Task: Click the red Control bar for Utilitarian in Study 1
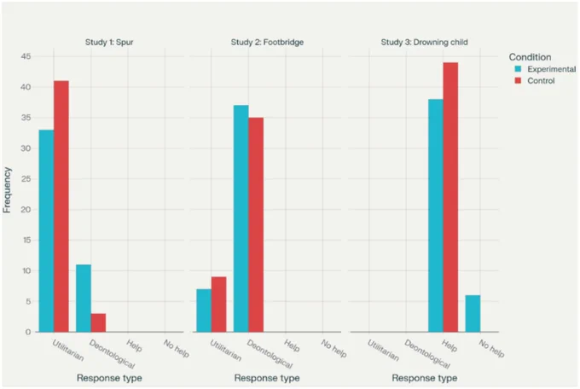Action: click(x=61, y=206)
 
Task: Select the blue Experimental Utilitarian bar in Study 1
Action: click(x=47, y=231)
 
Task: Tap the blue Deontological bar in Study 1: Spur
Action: click(x=84, y=299)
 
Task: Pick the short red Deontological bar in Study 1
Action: click(x=98, y=322)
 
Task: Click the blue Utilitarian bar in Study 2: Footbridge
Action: click(x=204, y=311)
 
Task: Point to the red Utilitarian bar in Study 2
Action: click(x=219, y=305)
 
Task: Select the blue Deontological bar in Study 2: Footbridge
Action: click(x=241, y=218)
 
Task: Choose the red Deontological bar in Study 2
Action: click(x=256, y=224)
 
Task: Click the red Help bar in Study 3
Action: click(x=450, y=197)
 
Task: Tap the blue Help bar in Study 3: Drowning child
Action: click(x=436, y=216)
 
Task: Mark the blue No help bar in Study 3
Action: click(x=473, y=313)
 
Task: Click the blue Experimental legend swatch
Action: click(x=519, y=69)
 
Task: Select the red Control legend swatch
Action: click(x=519, y=81)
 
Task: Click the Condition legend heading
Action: click(x=530, y=57)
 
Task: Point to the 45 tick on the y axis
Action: click(x=26, y=56)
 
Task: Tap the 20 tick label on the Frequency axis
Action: click(x=26, y=210)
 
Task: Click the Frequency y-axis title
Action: click(x=7, y=190)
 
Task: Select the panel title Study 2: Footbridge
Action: click(x=268, y=42)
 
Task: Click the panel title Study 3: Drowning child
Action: click(x=424, y=42)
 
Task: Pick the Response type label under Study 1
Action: click(x=109, y=378)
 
